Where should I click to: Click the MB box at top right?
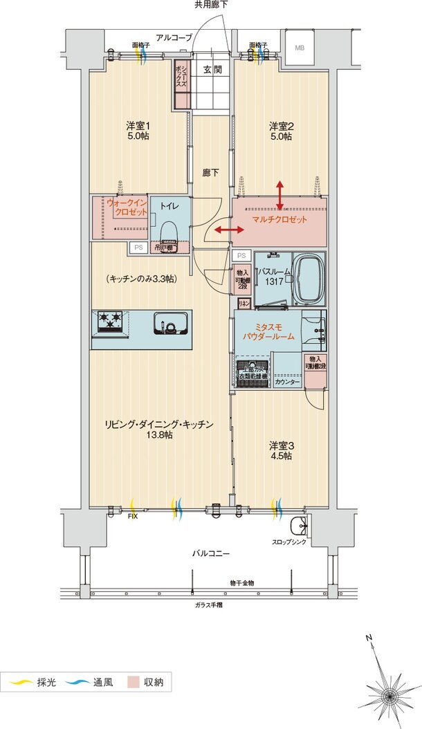tap(300, 48)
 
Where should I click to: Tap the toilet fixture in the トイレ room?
tap(166, 230)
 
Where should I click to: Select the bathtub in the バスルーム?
tap(309, 278)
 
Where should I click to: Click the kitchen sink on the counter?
tap(169, 323)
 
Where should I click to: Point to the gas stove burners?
tap(110, 322)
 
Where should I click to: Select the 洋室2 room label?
tap(280, 131)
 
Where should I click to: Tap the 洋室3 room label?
tap(280, 450)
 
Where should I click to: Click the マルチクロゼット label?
tap(279, 219)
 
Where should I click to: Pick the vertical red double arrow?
tap(279, 194)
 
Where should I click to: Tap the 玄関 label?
tap(212, 69)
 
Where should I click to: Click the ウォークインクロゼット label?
tap(127, 207)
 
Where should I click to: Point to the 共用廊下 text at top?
tap(211, 5)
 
